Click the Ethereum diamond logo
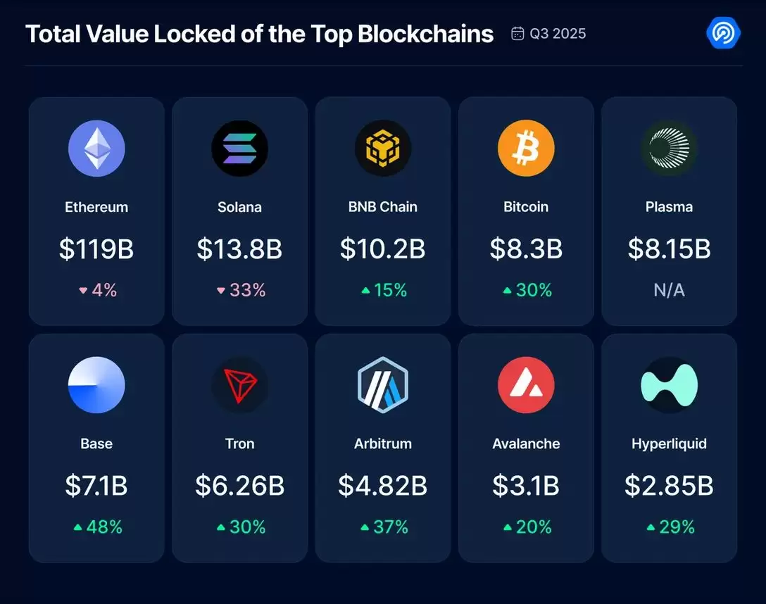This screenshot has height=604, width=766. tap(96, 149)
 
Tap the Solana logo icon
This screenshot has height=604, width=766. tap(239, 149)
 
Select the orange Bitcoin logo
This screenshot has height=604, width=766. tap(526, 149)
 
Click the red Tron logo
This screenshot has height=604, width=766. tap(239, 385)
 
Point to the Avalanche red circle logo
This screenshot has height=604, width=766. tap(526, 385)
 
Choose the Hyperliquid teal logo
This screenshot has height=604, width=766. tap(669, 385)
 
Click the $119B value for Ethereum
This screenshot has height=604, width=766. tap(96, 248)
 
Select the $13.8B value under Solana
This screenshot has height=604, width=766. tap(239, 248)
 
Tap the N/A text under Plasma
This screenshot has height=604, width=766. tap(669, 290)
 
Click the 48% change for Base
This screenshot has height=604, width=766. tap(104, 527)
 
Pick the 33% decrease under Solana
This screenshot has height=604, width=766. tap(248, 290)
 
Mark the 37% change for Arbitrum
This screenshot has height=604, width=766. tap(391, 527)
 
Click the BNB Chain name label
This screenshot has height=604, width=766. tap(382, 207)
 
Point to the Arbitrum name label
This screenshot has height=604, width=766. tap(382, 443)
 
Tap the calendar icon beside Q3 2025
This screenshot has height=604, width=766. tap(517, 34)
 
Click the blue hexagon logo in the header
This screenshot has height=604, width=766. tap(722, 32)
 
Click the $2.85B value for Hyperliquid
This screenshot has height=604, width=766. tap(669, 486)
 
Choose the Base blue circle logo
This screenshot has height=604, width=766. tap(96, 385)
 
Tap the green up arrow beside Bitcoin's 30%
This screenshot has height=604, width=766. tap(508, 290)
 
